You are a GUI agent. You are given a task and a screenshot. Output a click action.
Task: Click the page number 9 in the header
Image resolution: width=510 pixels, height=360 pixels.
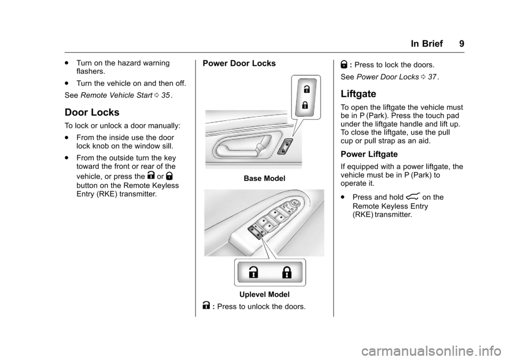[x=461, y=44]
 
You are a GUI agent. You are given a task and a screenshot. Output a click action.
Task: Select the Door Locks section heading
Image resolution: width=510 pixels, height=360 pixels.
[x=91, y=113]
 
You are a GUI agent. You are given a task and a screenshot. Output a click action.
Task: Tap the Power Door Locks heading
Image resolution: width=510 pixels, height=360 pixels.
[x=239, y=63]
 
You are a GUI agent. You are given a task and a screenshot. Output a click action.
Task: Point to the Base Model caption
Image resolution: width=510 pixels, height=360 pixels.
[x=264, y=179]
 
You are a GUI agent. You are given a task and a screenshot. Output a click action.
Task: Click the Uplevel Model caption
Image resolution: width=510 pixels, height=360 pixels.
[x=264, y=294]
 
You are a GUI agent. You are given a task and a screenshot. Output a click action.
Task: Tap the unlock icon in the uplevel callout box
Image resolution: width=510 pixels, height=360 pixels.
[x=254, y=273]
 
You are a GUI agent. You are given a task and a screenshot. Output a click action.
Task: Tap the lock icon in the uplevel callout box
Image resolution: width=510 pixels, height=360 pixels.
[x=287, y=273]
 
